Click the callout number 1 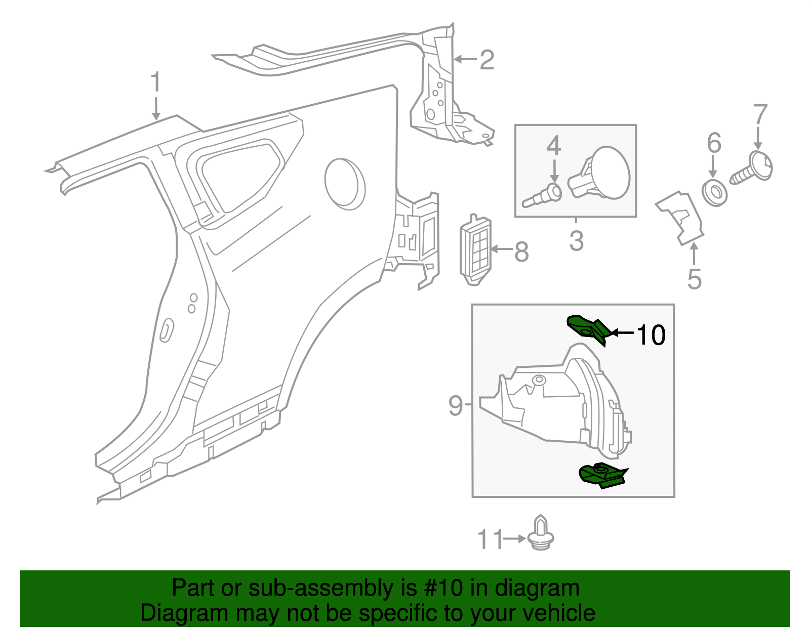coord(156,82)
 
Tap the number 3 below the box coord(576,241)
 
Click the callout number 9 coord(455,405)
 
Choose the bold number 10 coord(651,335)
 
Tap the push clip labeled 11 coord(541,535)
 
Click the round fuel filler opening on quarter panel coord(345,183)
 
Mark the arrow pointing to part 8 coord(501,248)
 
